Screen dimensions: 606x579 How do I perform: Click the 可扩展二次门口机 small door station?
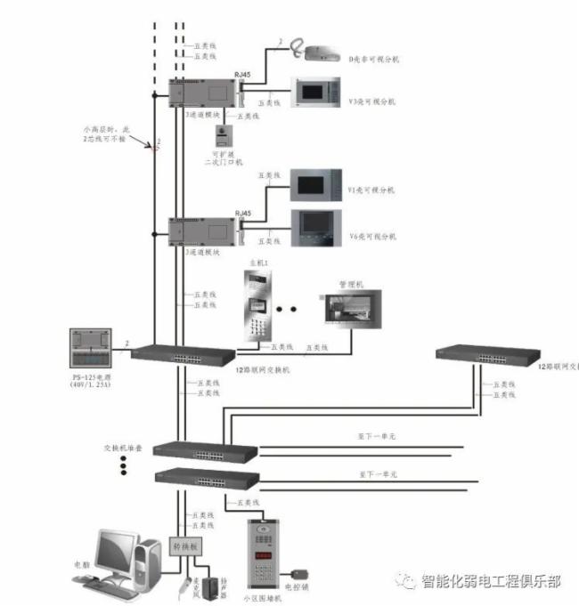221,136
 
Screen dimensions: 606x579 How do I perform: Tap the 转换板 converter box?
187,545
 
